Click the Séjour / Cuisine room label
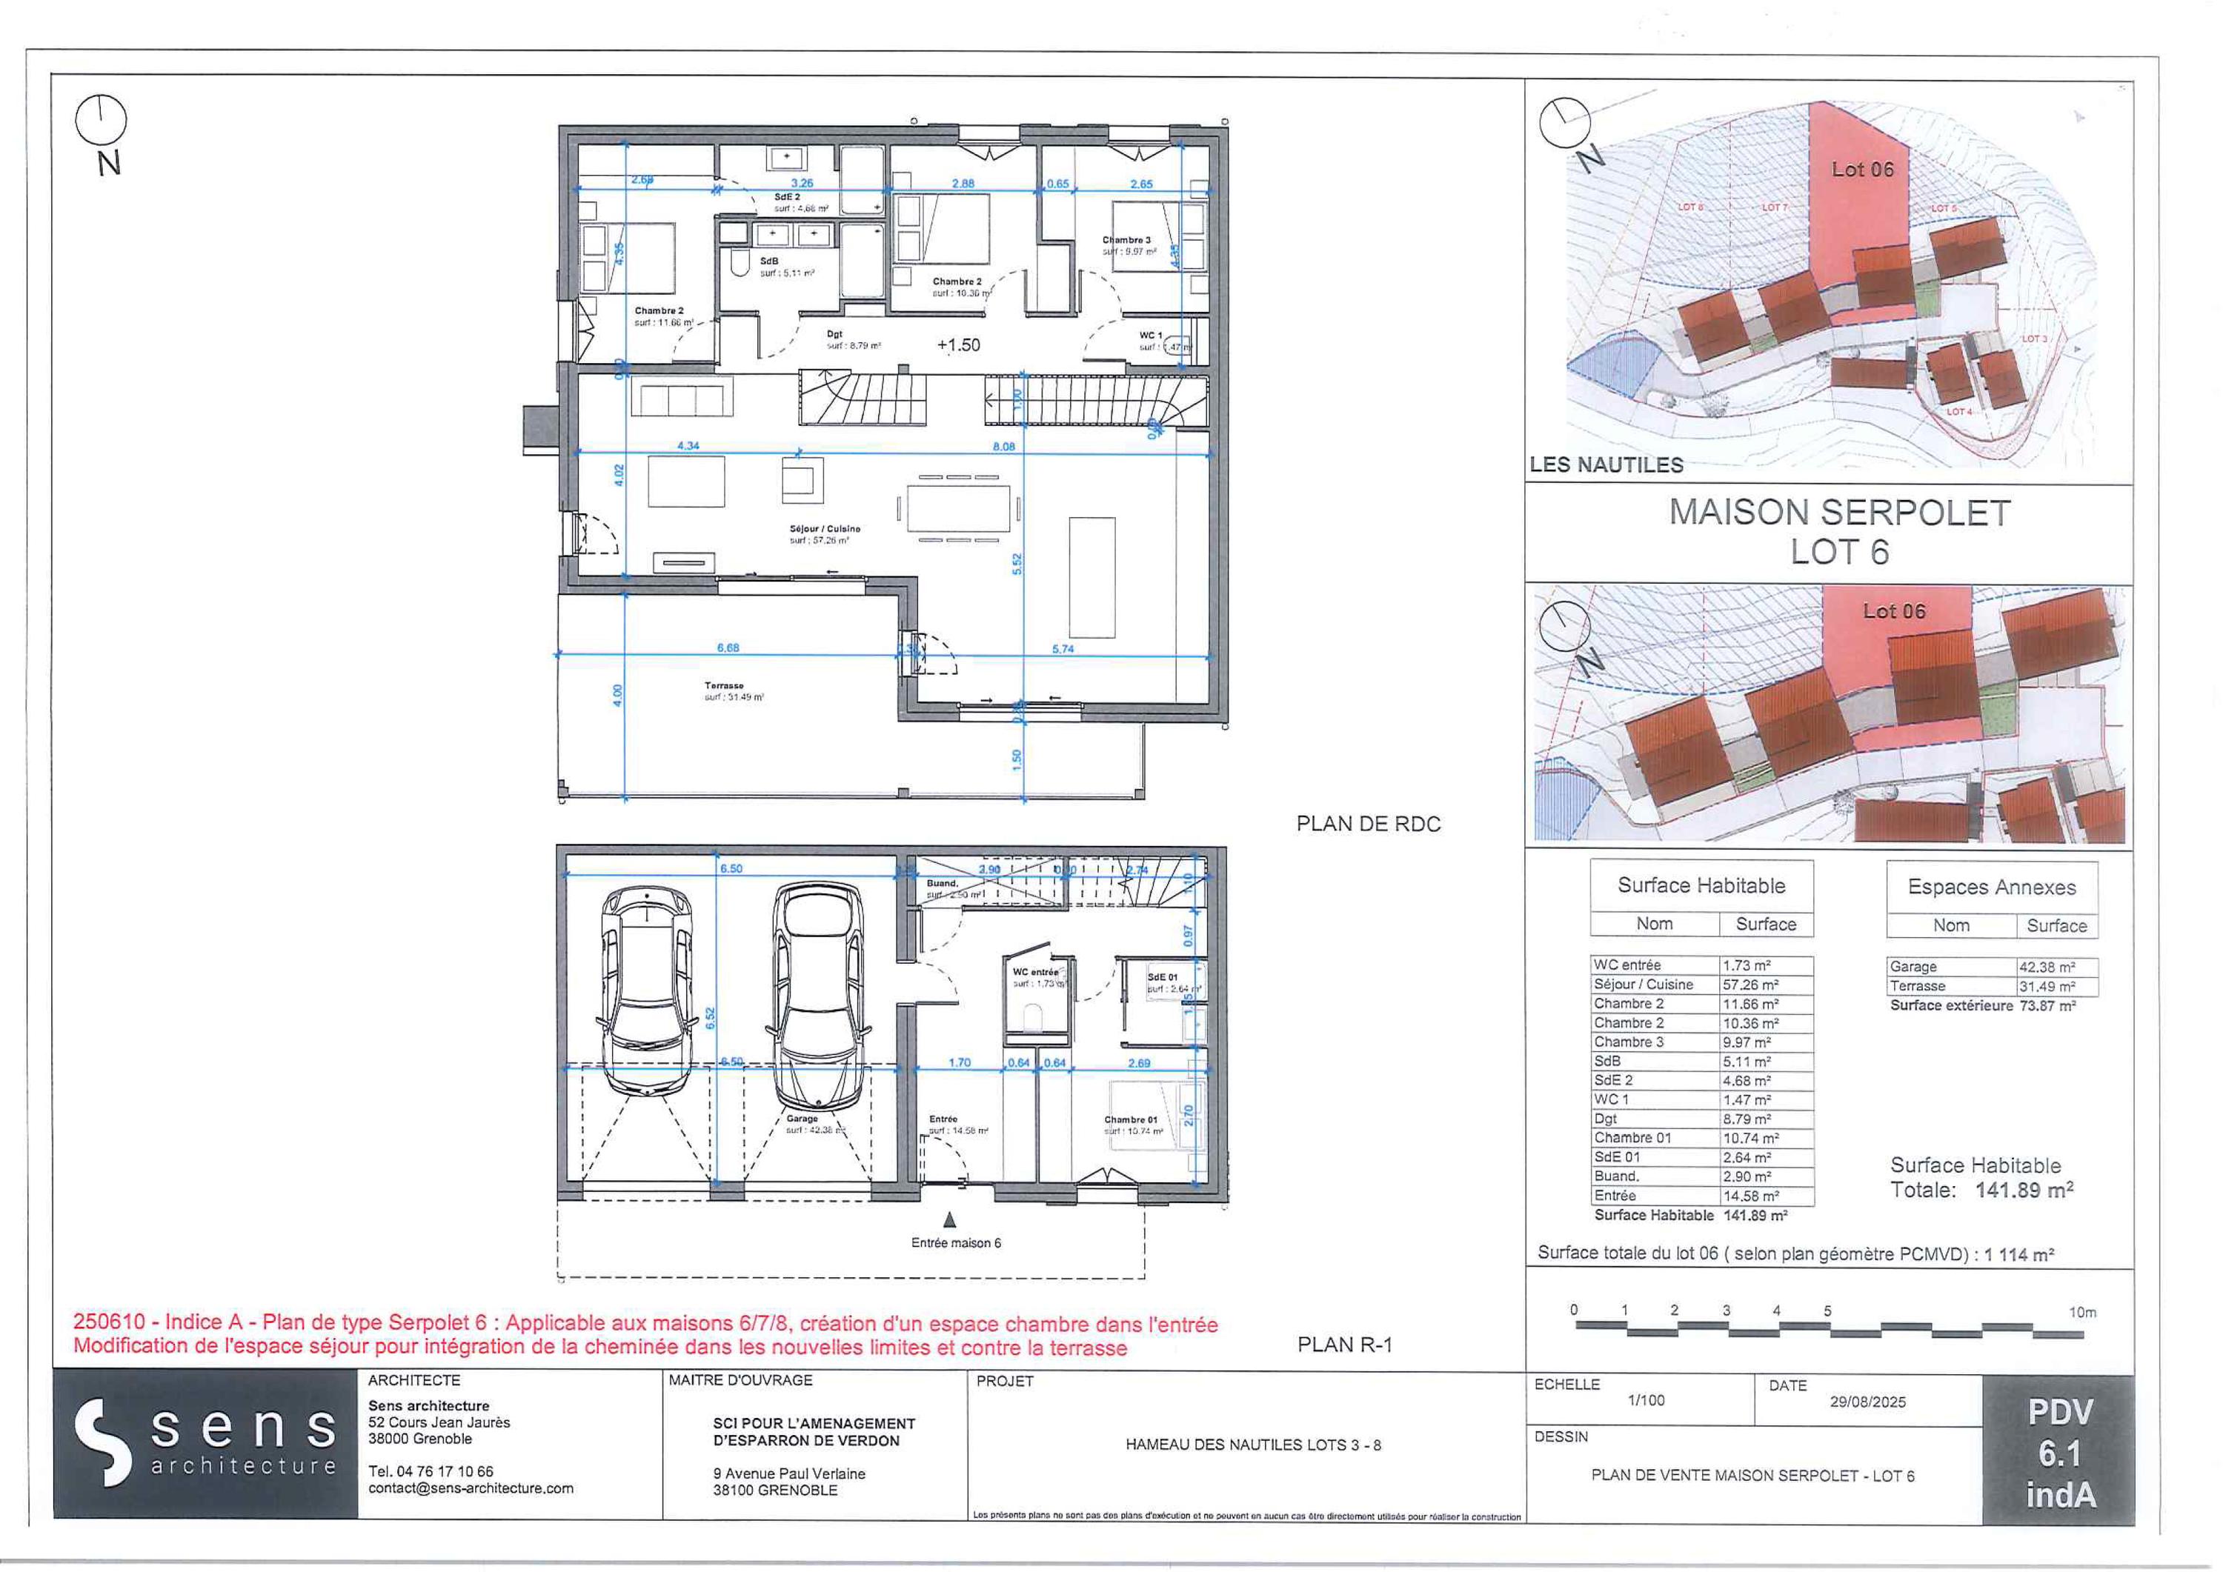click(824, 530)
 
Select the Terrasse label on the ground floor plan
click(723, 685)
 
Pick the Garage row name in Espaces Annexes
click(1913, 967)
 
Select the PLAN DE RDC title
click(1368, 824)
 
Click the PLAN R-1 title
click(1344, 1345)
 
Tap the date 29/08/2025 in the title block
click(1867, 1402)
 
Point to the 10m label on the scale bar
click(2081, 1313)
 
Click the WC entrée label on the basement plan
click(1035, 972)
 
